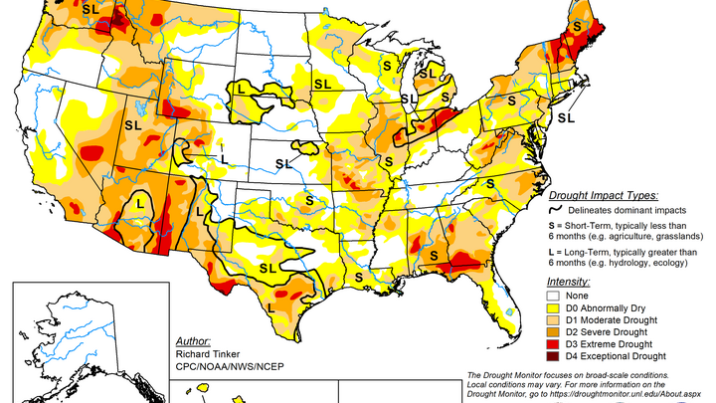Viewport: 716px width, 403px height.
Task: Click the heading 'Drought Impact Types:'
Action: pos(609,196)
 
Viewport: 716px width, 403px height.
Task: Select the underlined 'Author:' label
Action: pos(193,339)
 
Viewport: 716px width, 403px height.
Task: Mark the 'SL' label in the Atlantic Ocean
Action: pos(565,117)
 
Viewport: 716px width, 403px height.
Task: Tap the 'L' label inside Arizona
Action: pos(139,201)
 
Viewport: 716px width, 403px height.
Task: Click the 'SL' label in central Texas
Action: pos(268,268)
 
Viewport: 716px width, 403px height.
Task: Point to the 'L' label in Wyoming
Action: pos(242,90)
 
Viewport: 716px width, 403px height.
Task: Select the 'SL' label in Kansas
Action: pos(283,162)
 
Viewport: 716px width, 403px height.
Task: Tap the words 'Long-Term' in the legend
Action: pos(590,255)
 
